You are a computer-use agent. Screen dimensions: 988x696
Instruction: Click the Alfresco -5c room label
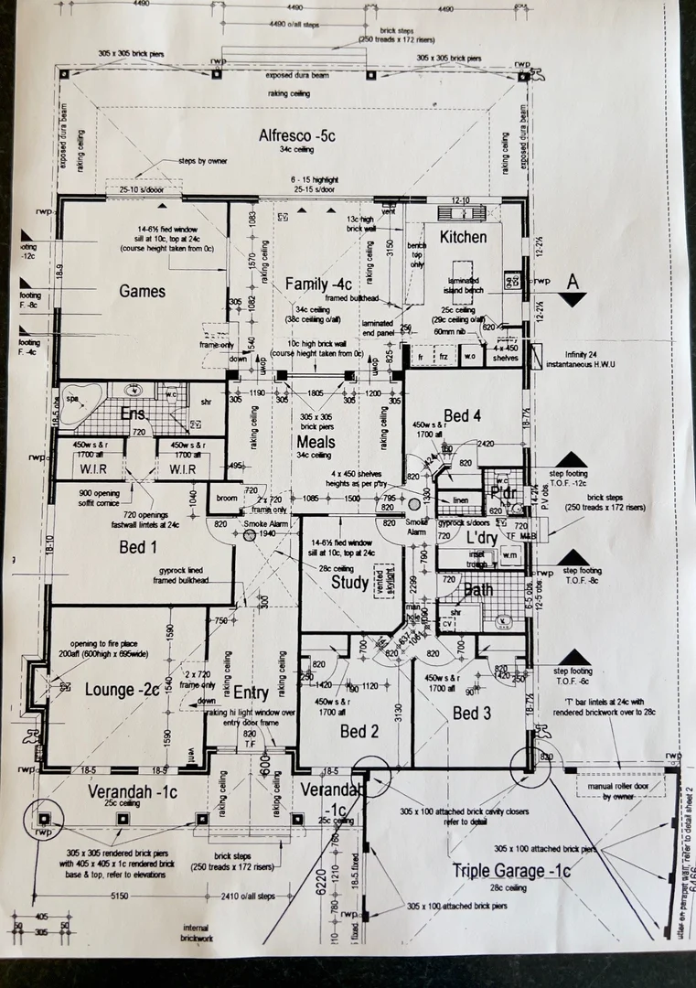coord(297,135)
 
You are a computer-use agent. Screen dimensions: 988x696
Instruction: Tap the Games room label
coord(143,291)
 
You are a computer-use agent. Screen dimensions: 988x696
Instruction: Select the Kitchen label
coord(464,237)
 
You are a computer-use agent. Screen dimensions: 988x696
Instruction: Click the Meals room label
coord(316,441)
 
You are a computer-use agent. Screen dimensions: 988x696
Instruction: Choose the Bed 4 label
coord(463,416)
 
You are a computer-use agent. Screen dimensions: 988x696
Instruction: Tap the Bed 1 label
coord(133,547)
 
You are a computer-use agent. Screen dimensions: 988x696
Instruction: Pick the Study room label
coord(349,582)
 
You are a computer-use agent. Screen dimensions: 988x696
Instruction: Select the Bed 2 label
coord(359,731)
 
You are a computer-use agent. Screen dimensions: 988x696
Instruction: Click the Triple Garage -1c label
coord(511,871)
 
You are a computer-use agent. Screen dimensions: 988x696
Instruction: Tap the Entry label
coord(251,692)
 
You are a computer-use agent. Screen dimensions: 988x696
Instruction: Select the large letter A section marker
coord(573,282)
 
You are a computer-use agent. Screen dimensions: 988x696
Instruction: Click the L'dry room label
coord(481,537)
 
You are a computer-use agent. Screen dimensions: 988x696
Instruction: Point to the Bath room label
coord(477,590)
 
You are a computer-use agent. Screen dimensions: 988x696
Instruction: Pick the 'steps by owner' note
coord(202,160)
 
